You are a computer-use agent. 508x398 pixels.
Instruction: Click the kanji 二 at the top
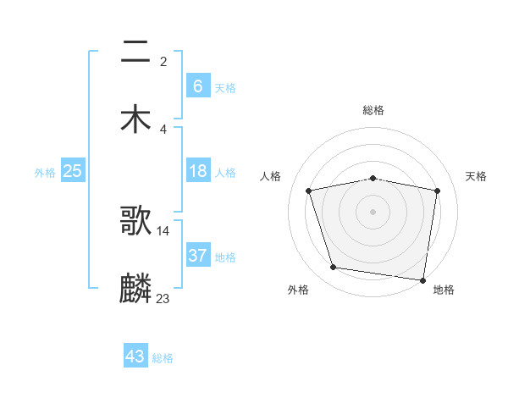pos(135,53)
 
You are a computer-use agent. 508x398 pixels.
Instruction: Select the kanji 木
pos(135,119)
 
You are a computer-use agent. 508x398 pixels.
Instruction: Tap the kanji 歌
pos(135,221)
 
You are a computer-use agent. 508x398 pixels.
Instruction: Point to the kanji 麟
pos(135,288)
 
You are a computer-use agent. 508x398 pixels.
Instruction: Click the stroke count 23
pos(163,297)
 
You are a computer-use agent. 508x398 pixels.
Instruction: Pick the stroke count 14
pos(163,230)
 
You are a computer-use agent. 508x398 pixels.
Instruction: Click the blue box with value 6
pos(197,86)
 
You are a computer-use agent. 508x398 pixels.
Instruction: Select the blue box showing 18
pos(197,171)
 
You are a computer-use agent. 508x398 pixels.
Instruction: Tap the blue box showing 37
pos(197,256)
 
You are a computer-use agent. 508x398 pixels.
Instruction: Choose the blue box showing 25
pos(72,171)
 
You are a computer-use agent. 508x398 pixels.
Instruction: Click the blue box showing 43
pos(135,357)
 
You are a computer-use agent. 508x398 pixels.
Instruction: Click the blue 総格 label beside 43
pos(163,358)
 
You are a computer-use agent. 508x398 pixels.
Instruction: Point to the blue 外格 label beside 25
pos(45,173)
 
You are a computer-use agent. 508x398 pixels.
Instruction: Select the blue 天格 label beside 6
pos(225,87)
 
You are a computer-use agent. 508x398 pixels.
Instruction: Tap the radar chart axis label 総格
pos(373,110)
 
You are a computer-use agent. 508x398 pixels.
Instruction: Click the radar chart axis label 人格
pos(272,176)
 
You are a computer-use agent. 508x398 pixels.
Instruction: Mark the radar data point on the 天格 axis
pos(437,191)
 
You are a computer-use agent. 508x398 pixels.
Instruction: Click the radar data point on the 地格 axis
pos(423,280)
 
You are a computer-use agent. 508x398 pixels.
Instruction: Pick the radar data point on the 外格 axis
pos(334,268)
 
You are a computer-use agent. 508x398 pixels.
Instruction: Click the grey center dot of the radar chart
pos(373,212)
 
